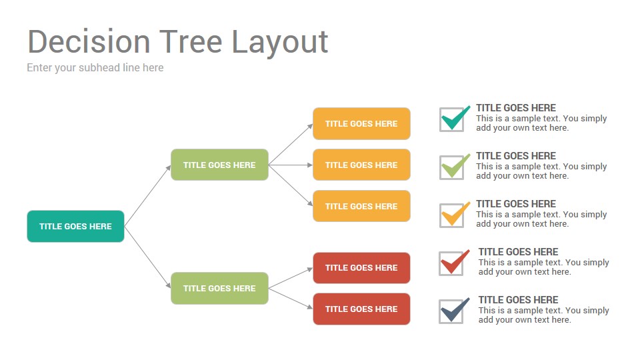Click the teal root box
click(x=75, y=226)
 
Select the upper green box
click(x=219, y=165)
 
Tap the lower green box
click(x=219, y=288)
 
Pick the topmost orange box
click(x=361, y=124)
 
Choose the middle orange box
click(x=361, y=165)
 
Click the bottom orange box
click(x=361, y=206)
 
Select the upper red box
click(x=361, y=268)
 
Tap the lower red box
click(x=361, y=309)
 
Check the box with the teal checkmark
click(x=452, y=119)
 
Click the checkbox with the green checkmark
click(x=452, y=167)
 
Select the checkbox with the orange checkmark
click(x=452, y=215)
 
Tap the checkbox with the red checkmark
click(x=452, y=263)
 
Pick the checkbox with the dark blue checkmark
click(x=452, y=311)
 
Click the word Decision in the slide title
click(x=89, y=41)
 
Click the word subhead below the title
click(x=99, y=67)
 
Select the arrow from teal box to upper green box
click(x=147, y=195)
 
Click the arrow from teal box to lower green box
click(x=147, y=257)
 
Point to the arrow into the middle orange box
click(x=291, y=165)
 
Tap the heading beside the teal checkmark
click(x=516, y=108)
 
